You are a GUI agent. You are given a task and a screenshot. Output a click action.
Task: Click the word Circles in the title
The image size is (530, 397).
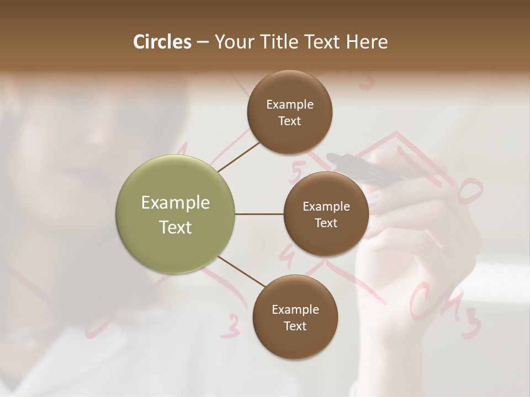tap(162, 42)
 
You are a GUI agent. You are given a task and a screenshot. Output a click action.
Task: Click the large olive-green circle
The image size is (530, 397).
tap(176, 214)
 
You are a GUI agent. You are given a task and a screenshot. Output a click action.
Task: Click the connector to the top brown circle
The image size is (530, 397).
tap(239, 157)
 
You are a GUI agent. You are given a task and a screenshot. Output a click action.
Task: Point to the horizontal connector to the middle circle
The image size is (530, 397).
tap(259, 214)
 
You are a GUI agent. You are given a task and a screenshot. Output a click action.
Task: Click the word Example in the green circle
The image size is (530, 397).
tap(176, 203)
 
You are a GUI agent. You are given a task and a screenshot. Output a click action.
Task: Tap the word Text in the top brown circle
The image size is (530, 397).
tap(289, 121)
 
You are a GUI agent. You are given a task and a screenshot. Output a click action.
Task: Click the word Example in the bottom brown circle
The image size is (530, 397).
tap(295, 310)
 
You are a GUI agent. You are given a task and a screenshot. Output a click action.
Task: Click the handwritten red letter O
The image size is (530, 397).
tap(469, 190)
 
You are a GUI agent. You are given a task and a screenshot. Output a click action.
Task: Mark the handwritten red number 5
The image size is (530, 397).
tap(296, 173)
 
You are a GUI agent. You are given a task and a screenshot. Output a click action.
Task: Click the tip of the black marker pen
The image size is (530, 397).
tap(330, 157)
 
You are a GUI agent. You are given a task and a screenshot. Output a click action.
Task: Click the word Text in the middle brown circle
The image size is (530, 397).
tap(326, 223)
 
